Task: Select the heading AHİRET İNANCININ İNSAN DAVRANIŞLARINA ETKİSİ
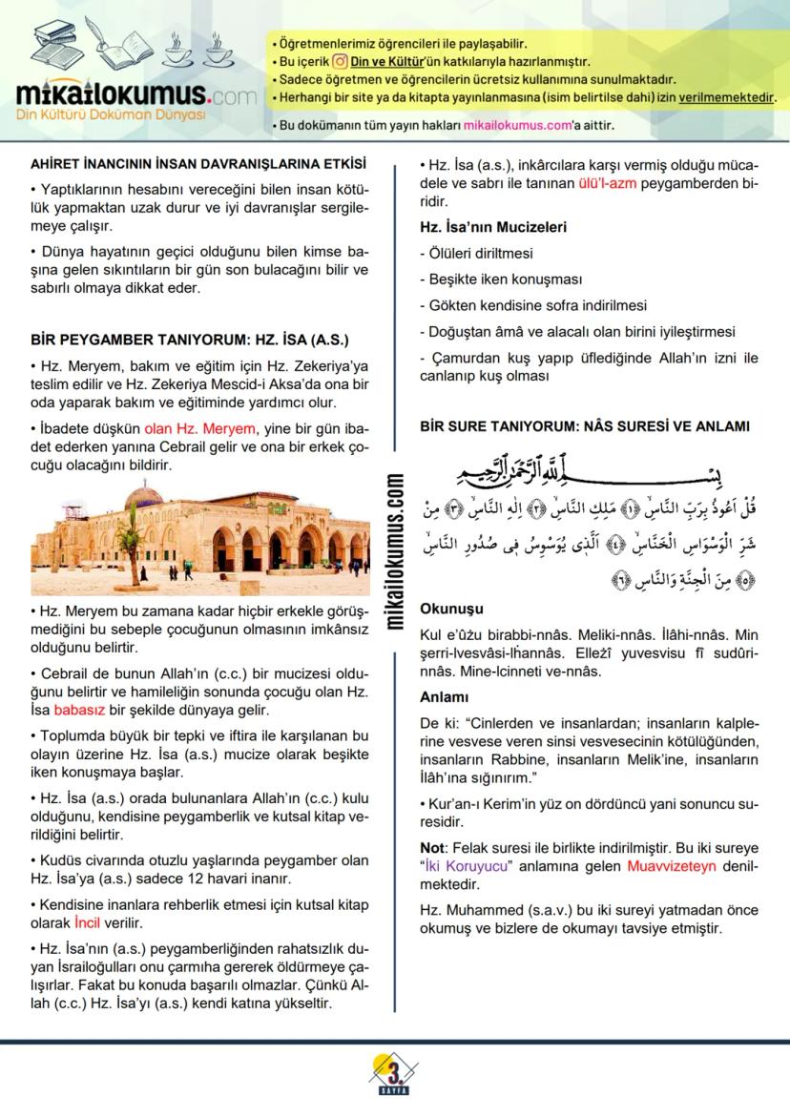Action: click(198, 164)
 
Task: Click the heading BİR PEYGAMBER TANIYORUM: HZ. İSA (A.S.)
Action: click(190, 340)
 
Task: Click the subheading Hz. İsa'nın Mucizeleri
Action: click(493, 228)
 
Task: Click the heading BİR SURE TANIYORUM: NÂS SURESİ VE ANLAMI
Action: click(585, 426)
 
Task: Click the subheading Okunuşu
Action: click(451, 609)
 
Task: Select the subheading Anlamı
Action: click(445, 697)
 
